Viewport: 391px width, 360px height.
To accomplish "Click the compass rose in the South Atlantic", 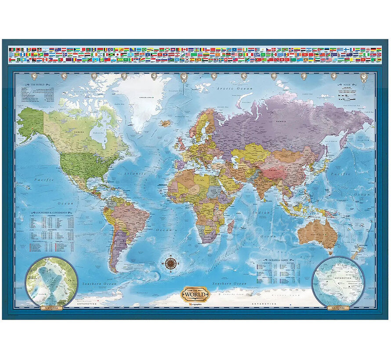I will click(171, 263).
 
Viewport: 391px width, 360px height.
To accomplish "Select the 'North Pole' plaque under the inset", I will click(52, 307).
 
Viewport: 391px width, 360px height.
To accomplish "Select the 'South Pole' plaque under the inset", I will click(337, 307).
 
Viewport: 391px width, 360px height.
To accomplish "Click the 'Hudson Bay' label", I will click(97, 133).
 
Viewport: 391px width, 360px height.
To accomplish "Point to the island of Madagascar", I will click(230, 227).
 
